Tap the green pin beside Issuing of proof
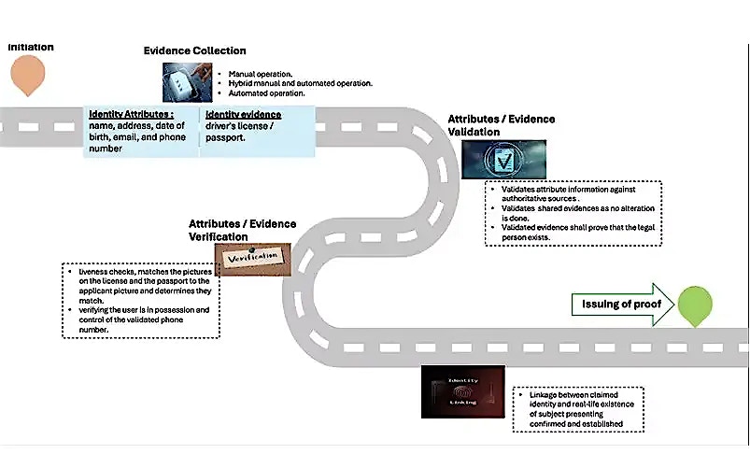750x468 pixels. point(695,305)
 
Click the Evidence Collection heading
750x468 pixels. point(194,50)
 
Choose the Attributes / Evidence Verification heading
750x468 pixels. point(242,230)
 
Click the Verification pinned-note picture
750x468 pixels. point(252,256)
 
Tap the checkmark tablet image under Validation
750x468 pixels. point(504,160)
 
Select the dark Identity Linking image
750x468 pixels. point(463,391)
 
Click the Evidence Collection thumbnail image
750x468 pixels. point(190,81)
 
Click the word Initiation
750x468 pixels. point(31,47)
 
